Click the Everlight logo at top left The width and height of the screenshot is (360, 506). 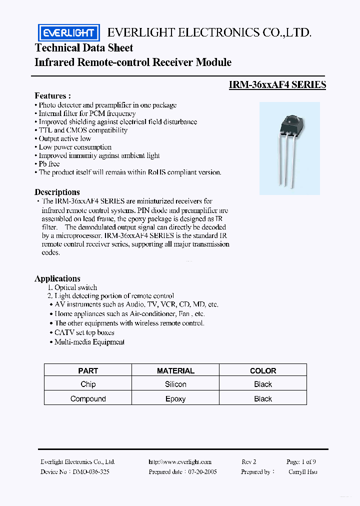tap(69, 33)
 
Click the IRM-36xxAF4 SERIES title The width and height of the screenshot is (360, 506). tap(277, 85)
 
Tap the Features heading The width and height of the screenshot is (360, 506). tap(52, 95)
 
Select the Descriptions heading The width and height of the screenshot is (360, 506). tap(57, 192)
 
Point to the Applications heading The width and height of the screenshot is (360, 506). tap(57, 278)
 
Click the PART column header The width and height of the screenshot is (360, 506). tap(88, 370)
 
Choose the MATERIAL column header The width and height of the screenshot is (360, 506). tap(175, 370)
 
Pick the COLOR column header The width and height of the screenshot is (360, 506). tap(263, 370)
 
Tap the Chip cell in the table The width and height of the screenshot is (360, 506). tap(88, 384)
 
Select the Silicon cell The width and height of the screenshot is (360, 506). tap(175, 384)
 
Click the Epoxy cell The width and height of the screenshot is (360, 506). tap(175, 398)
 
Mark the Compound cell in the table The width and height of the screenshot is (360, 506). tap(88, 398)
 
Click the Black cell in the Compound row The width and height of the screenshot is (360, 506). tap(263, 398)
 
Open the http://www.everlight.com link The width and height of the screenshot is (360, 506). tap(180, 462)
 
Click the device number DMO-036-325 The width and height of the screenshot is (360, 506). tap(91, 471)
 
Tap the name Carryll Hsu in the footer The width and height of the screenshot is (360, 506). tap(302, 471)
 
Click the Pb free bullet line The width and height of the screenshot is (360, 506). tap(49, 163)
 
